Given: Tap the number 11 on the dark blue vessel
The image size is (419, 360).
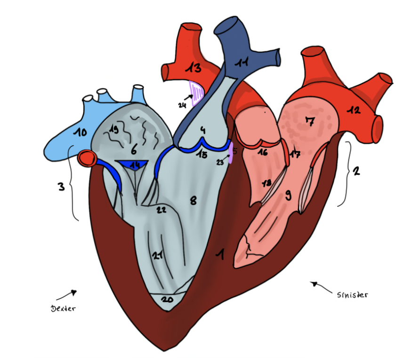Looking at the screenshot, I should [242, 63].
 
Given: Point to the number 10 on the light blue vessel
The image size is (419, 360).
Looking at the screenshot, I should [80, 132].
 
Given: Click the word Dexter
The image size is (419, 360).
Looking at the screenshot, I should [63, 309].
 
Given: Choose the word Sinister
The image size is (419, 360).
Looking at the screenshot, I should [352, 295].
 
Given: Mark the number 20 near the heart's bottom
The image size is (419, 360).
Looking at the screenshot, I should [167, 299].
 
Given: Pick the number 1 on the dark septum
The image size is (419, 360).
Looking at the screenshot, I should [219, 255].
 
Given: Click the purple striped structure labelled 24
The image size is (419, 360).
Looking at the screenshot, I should [197, 91].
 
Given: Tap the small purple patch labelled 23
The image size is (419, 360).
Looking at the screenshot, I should [230, 155].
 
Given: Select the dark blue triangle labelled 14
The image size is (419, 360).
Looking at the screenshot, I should [135, 164].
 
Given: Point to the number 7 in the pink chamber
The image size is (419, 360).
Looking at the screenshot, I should [309, 121].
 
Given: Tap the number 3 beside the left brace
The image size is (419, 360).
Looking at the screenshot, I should [61, 187].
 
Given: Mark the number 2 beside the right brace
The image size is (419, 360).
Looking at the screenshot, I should [356, 171].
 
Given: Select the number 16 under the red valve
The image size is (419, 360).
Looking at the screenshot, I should [262, 152].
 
